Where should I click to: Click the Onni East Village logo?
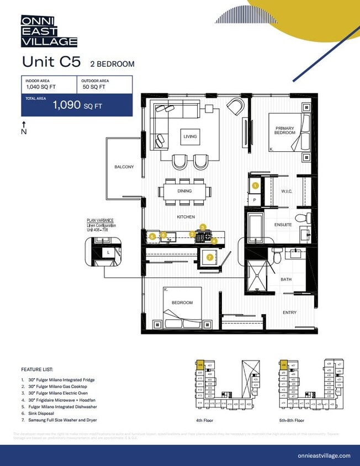(49, 31)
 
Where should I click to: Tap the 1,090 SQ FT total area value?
(77, 105)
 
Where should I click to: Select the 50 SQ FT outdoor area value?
(94, 87)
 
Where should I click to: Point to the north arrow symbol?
(24, 128)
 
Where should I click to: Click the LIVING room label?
(190, 136)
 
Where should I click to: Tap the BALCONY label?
(124, 167)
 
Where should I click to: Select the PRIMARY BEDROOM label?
(285, 131)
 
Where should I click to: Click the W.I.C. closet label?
(286, 192)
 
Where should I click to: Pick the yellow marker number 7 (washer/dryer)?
(209, 257)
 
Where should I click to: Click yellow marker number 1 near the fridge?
(255, 186)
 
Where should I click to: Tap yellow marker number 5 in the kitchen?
(152, 236)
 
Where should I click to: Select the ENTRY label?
(289, 313)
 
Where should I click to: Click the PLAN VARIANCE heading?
(100, 220)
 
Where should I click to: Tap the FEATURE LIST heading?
(37, 369)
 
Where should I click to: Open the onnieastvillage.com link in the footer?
(324, 456)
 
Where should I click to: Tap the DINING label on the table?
(184, 191)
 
